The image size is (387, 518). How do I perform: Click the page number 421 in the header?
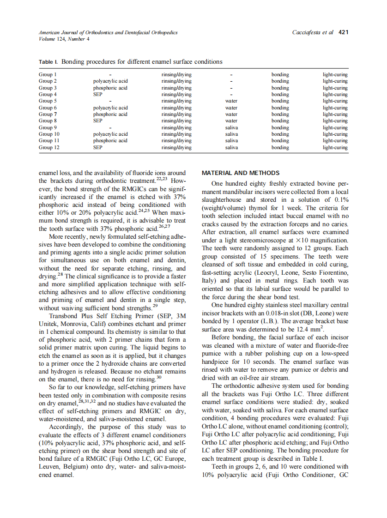coord(343,33)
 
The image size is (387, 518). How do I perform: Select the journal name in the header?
coord(108,33)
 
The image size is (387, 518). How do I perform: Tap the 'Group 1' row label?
coord(48,74)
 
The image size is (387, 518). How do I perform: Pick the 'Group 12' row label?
coord(49,148)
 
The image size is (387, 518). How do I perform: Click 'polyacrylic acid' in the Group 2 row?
coord(110,81)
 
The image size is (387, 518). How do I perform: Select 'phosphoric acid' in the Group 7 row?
coord(110,114)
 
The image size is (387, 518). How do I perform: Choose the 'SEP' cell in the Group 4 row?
coord(97,94)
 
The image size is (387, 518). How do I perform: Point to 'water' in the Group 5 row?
coord(231,101)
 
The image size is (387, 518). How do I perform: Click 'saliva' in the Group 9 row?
coord(231,127)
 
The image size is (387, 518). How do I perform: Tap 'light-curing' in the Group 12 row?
coord(335,148)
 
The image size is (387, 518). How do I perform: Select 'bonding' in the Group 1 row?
coord(280,74)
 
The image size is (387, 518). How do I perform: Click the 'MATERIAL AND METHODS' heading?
coord(241,173)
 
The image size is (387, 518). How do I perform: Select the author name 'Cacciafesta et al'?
coord(313,33)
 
